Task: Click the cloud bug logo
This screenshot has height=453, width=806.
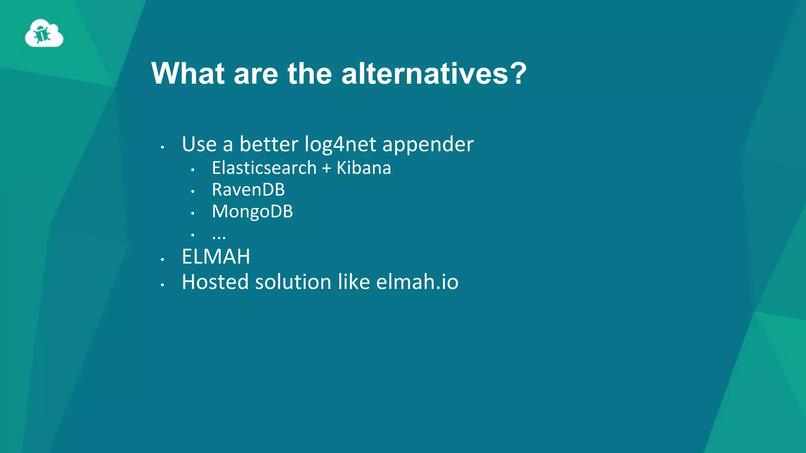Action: click(x=44, y=33)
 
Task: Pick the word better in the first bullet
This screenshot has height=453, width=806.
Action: click(x=269, y=144)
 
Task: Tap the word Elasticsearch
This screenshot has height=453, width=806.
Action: click(x=264, y=168)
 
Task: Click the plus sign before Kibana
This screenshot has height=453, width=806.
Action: click(x=326, y=168)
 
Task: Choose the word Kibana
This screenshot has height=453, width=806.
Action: click(x=364, y=168)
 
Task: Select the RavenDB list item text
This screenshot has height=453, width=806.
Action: click(x=248, y=190)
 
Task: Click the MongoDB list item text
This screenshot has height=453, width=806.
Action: click(x=252, y=212)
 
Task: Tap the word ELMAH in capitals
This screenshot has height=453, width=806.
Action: click(x=216, y=257)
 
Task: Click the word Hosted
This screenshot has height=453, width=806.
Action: click(x=215, y=282)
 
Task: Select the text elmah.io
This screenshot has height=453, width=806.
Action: click(x=417, y=282)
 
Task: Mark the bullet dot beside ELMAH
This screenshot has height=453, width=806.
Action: click(x=162, y=260)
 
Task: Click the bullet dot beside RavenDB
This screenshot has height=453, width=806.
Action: click(x=192, y=192)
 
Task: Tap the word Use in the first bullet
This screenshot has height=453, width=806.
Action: click(x=199, y=144)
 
